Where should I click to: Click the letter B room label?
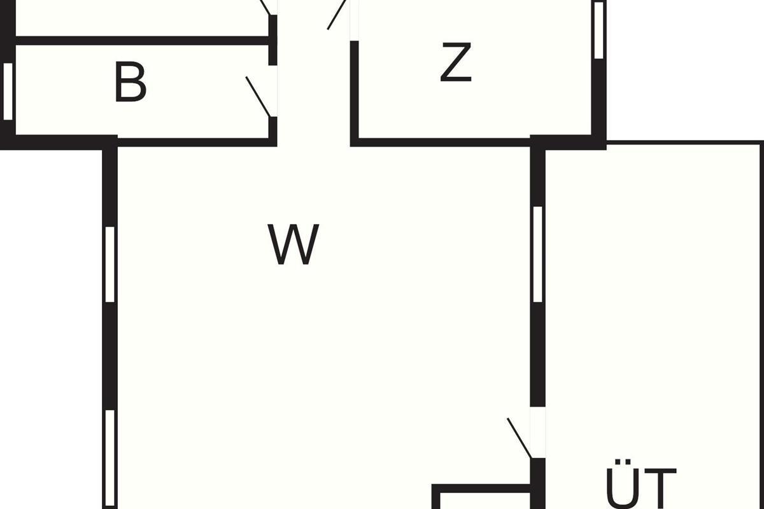tap(131, 82)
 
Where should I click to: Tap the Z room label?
tap(456, 62)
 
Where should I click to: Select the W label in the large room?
tap(294, 244)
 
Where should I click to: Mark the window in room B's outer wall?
tap(8, 92)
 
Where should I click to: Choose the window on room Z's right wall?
tap(598, 30)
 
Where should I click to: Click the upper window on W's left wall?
tap(110, 264)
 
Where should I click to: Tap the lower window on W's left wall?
tap(110, 459)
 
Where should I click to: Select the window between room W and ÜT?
tap(537, 254)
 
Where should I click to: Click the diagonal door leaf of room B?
tap(258, 97)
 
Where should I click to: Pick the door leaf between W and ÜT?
tap(520, 438)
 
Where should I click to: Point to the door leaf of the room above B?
tap(265, 8)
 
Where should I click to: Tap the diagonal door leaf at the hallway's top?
tap(337, 15)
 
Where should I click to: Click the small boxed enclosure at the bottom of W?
tap(481, 496)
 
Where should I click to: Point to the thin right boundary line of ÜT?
tap(761, 326)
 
